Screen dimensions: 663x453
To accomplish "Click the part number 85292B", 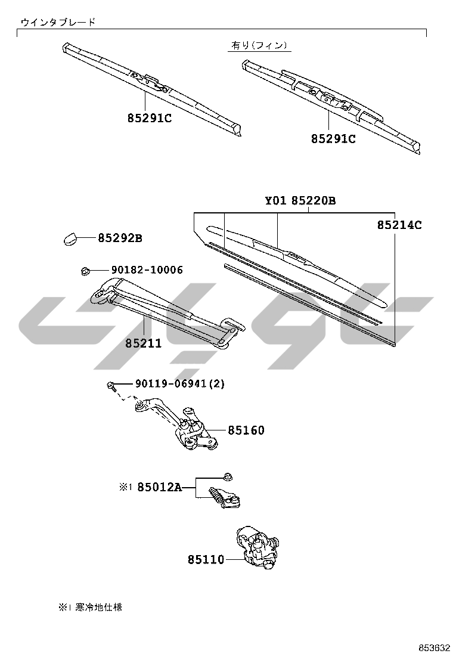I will (x=120, y=238).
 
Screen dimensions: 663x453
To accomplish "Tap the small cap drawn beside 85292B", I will (x=70, y=238).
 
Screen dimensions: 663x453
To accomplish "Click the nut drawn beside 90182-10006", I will (x=85, y=271).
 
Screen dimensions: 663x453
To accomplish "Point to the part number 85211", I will (x=143, y=343).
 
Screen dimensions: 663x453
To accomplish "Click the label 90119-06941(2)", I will (x=172, y=384).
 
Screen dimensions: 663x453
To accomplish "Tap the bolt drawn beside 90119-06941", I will (x=111, y=386).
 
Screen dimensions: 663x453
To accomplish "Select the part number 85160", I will (x=246, y=430).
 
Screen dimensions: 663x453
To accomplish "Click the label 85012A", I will (x=159, y=487).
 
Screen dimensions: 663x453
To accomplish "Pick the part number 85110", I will (x=206, y=559).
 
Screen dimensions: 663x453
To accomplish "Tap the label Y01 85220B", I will (x=300, y=201).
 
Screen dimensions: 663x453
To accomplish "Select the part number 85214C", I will (x=399, y=225).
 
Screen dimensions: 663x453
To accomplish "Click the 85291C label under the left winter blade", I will (x=149, y=118).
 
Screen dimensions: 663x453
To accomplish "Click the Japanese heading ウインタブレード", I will (x=58, y=22).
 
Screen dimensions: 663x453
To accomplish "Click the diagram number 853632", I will (x=433, y=648).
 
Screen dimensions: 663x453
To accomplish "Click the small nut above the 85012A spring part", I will (x=228, y=476).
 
